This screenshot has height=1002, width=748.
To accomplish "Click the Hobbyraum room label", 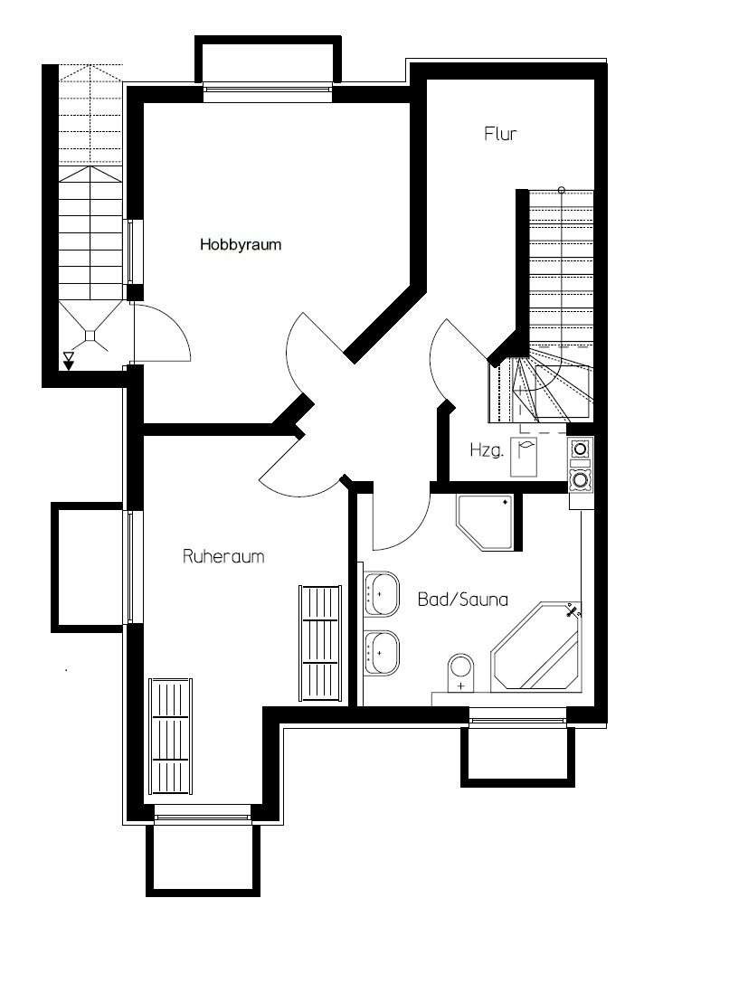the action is (241, 245).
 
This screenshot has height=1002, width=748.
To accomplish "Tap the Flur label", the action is (500, 134).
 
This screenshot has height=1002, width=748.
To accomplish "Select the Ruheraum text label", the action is (223, 556).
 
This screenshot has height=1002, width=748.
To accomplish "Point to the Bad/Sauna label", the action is (463, 600).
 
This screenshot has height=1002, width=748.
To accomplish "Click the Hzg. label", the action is (487, 449).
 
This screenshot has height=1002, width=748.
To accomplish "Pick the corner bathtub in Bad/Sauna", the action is (537, 647).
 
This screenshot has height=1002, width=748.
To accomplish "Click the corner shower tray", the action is (485, 522).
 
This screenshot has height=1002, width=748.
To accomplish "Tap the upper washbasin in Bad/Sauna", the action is (382, 594).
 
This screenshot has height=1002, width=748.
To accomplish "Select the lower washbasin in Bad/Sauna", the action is (382, 653).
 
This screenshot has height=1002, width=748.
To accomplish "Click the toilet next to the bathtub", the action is (461, 673).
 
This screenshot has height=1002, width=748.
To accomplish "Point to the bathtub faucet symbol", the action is (573, 611).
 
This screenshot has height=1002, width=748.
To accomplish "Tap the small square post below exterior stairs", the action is (90, 335).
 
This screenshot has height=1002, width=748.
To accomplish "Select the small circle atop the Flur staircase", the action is (562, 190).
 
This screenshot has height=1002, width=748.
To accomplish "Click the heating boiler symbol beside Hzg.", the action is (525, 457).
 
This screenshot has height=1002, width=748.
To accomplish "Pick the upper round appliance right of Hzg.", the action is (580, 449).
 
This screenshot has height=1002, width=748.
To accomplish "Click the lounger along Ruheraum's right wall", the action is (319, 643).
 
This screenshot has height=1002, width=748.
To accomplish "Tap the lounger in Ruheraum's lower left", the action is (171, 736).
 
